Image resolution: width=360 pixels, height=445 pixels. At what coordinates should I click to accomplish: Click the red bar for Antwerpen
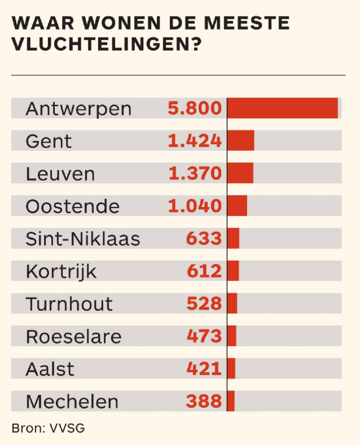(282, 108)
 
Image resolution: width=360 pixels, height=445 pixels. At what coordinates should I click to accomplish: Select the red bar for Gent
(241, 140)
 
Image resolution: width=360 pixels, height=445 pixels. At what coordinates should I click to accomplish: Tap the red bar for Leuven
(240, 173)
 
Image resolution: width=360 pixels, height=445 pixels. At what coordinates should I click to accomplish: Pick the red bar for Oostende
(237, 206)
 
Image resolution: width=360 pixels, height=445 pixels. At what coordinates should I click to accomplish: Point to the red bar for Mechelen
(231, 402)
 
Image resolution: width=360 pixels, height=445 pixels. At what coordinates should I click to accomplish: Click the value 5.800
(195, 108)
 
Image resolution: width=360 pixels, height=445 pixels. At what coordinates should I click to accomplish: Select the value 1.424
(195, 140)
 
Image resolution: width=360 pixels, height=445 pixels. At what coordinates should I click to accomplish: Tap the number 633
(204, 239)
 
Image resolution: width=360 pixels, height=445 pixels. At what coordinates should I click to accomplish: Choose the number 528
(204, 304)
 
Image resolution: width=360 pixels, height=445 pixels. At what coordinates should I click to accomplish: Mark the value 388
(204, 402)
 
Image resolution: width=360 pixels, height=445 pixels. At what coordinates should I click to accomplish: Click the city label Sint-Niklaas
(82, 239)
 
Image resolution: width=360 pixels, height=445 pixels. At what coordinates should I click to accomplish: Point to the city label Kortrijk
(61, 272)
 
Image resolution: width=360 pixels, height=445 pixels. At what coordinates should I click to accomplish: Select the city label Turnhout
(69, 304)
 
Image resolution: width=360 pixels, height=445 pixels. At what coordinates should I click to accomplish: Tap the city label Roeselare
(73, 337)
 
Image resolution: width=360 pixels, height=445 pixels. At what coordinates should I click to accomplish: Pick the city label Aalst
(50, 369)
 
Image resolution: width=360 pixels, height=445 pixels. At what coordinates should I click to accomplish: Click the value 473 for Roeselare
(204, 337)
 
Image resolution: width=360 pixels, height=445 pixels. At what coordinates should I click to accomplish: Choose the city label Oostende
(72, 206)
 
